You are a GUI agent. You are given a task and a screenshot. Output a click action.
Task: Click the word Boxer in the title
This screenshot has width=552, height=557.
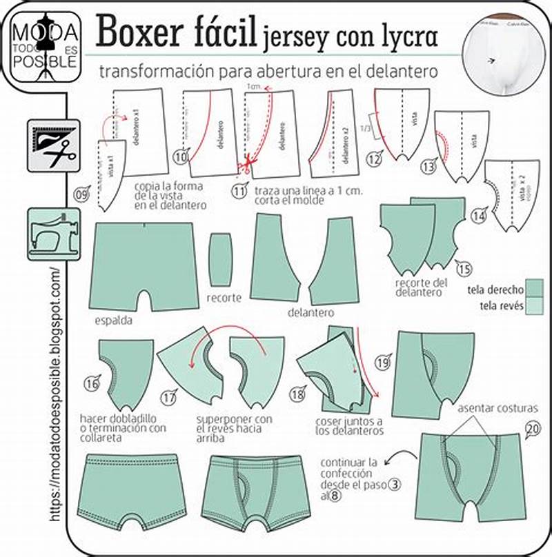pyautogui.click(x=143, y=31)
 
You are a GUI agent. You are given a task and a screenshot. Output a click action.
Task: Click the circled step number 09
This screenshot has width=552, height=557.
pyautogui.click(x=82, y=195)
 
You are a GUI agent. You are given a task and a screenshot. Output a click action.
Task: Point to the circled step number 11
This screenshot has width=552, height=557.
pyautogui.click(x=239, y=192)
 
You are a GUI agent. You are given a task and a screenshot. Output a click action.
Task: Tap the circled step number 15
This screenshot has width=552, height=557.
pyautogui.click(x=464, y=268)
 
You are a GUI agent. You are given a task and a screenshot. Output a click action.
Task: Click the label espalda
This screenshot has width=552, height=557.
pyautogui.click(x=115, y=321)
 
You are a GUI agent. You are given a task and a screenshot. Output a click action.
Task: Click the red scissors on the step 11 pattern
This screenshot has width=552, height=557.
pyautogui.click(x=245, y=164)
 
